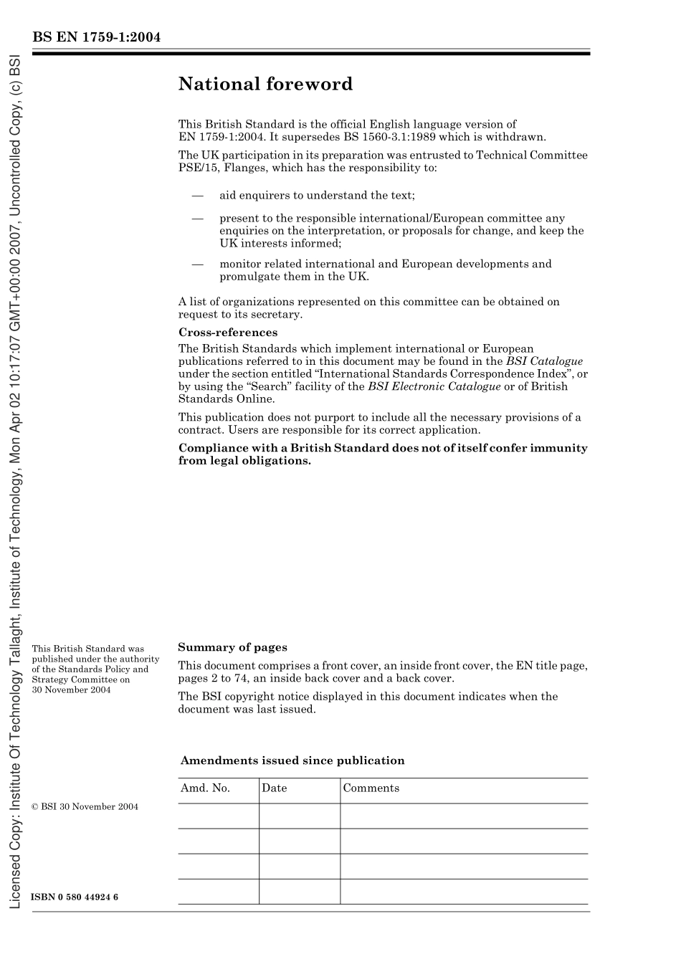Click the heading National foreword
[x=265, y=85]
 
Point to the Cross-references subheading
[x=227, y=333]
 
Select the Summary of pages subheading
[x=232, y=647]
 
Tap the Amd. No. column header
[x=205, y=788]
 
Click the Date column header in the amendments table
[x=274, y=788]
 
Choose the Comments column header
[x=371, y=788]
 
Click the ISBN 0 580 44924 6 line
[x=75, y=897]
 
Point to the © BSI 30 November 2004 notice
[x=85, y=807]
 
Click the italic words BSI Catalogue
[x=544, y=361]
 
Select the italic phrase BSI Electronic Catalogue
[x=434, y=386]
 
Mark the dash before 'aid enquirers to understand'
[x=198, y=195]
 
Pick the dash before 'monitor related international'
[x=198, y=264]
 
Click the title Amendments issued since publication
[x=292, y=760]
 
